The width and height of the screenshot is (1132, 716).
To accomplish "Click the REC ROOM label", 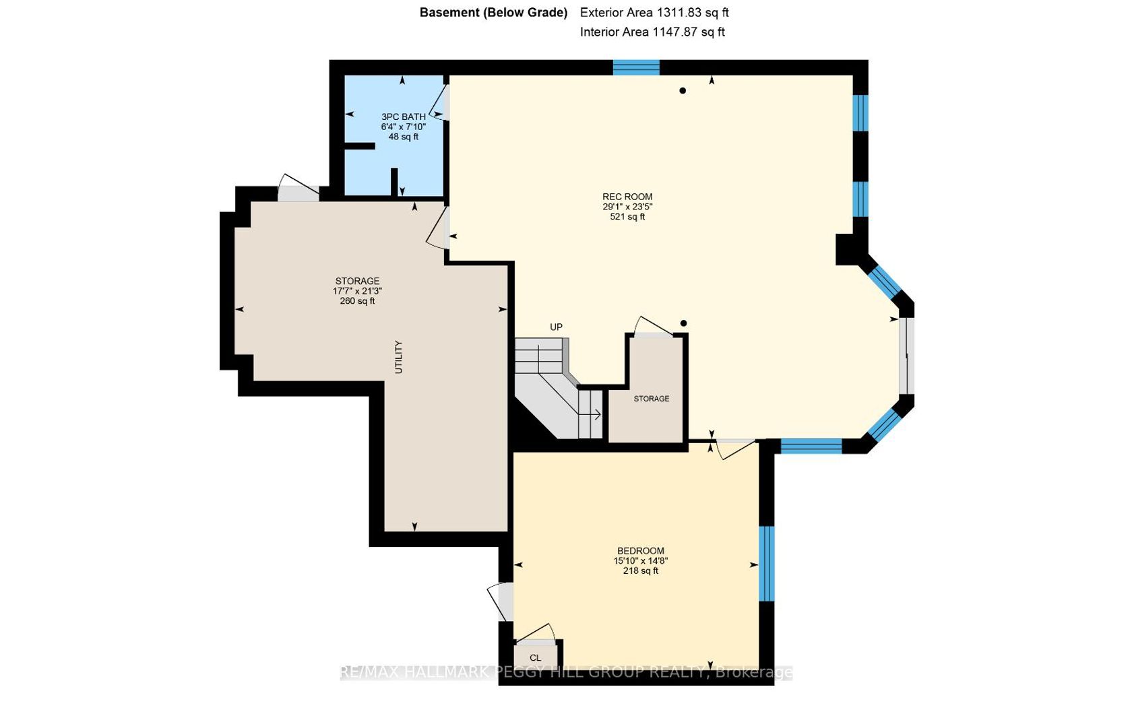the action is click(x=627, y=197).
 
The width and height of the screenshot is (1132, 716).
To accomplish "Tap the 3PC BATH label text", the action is click(x=403, y=117).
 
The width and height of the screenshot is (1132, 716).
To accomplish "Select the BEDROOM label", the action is click(x=640, y=551).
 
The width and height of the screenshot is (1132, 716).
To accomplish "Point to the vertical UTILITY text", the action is click(x=398, y=357).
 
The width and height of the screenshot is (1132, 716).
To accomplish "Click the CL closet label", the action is click(x=535, y=658).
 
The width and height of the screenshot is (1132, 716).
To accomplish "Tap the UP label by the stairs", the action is click(x=556, y=327).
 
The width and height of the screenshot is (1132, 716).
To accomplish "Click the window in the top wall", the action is click(x=636, y=67).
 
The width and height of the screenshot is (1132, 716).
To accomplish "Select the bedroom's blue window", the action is click(x=767, y=563).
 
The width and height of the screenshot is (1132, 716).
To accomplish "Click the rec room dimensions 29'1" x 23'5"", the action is click(x=627, y=207).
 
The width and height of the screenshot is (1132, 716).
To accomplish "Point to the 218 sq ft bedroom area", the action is click(x=640, y=571).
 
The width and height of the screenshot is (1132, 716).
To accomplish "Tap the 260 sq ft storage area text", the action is click(x=357, y=301).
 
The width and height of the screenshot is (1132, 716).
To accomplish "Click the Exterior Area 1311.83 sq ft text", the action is click(x=654, y=13).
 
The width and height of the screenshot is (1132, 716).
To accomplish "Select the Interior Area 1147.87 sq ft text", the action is click(x=652, y=32).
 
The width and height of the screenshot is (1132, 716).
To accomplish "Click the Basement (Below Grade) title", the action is click(x=493, y=13).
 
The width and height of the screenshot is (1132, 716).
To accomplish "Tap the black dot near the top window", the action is click(x=683, y=91).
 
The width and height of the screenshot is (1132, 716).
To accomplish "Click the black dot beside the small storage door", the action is click(x=684, y=323).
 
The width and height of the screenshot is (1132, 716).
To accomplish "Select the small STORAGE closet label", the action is click(x=652, y=399).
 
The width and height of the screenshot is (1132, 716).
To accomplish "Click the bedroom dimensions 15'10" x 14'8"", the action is click(x=640, y=561).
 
